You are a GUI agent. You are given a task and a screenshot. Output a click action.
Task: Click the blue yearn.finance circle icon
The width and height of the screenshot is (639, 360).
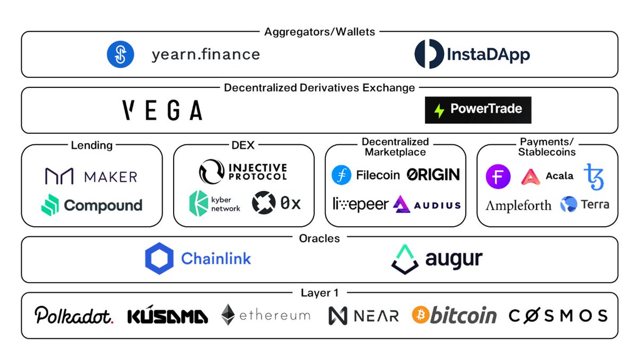point(120,54)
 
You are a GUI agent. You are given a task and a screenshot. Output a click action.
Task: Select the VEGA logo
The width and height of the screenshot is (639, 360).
point(162,110)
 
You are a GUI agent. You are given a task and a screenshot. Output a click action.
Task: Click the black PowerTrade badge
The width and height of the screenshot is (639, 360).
point(478,110)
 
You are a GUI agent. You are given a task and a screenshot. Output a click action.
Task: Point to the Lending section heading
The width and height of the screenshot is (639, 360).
point(92,145)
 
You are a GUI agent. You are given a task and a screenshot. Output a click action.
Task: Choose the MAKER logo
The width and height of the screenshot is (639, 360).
point(91,176)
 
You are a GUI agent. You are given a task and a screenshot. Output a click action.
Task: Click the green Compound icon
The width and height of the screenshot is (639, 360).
point(50,205)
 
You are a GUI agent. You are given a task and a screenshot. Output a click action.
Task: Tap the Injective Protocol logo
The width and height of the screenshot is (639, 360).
point(243,171)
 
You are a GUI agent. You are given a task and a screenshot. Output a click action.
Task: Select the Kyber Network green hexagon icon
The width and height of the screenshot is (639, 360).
point(198,202)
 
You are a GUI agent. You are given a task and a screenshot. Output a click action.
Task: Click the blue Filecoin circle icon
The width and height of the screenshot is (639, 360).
point(341,175)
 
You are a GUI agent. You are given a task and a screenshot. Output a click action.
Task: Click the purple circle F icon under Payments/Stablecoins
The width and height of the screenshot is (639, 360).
point(498,176)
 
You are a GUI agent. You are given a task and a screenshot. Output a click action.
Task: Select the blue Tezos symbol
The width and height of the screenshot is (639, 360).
point(594,177)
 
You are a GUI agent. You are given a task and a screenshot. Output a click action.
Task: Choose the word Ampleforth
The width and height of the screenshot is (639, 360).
point(518,205)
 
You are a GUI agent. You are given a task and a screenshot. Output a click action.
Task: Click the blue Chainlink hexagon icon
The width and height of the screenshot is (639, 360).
point(159,259)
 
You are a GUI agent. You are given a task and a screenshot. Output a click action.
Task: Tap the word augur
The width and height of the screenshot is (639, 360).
point(454,259)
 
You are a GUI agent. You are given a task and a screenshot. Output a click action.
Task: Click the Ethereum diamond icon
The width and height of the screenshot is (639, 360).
point(228,315)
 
